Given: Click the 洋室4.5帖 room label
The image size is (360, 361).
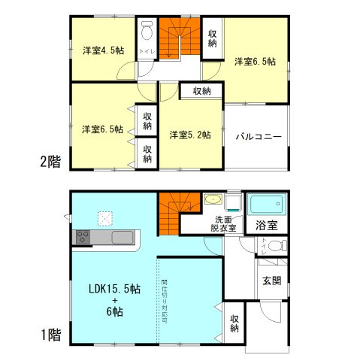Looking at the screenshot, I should coord(103,50).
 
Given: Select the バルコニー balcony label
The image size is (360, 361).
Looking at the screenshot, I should coord(258,137).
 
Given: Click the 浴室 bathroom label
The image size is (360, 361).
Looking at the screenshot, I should coord(267,224).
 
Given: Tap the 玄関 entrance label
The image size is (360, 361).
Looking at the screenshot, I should coord(272,281).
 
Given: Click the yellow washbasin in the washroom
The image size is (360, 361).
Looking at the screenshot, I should coord(213,201).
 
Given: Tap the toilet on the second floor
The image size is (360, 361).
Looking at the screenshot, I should coord(144,32).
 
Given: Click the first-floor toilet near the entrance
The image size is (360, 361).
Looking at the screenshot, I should coord(275,245).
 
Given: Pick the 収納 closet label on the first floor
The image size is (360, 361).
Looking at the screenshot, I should coord(234,323).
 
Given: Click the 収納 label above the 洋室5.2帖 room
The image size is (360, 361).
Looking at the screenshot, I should coord(201,91).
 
